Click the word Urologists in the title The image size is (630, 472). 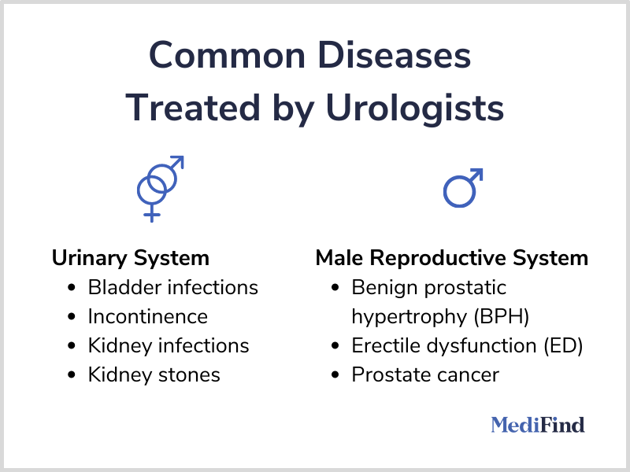pyautogui.click(x=415, y=109)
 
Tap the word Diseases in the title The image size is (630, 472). pyautogui.click(x=394, y=55)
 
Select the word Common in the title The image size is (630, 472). pyautogui.click(x=227, y=55)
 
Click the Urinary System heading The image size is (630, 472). pyautogui.click(x=131, y=258)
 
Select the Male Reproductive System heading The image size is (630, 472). pyautogui.click(x=451, y=258)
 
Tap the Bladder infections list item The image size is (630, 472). pyautogui.click(x=172, y=287)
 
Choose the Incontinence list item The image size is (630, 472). pyautogui.click(x=148, y=317)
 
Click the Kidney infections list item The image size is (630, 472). pyautogui.click(x=169, y=345)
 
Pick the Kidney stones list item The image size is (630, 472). pyautogui.click(x=154, y=375)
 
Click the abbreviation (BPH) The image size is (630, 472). pyautogui.click(x=502, y=317)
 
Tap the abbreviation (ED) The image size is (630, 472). pyautogui.click(x=563, y=345)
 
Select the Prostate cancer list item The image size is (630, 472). pyautogui.click(x=425, y=375)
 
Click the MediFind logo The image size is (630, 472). pyautogui.click(x=538, y=425)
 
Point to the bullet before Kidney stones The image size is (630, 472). pyautogui.click(x=72, y=375)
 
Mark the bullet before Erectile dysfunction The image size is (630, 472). pyautogui.click(x=335, y=346)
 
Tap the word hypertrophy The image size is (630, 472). pyautogui.click(x=409, y=318)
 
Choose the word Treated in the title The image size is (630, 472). pyautogui.click(x=193, y=108)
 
